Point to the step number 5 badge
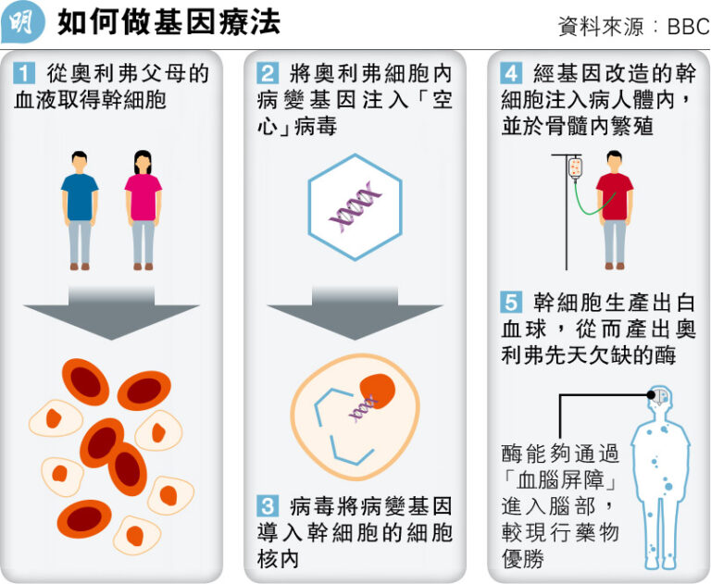511,303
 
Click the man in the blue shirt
80,209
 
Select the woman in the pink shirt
143,209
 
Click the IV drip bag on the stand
576,168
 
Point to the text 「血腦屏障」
558,482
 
